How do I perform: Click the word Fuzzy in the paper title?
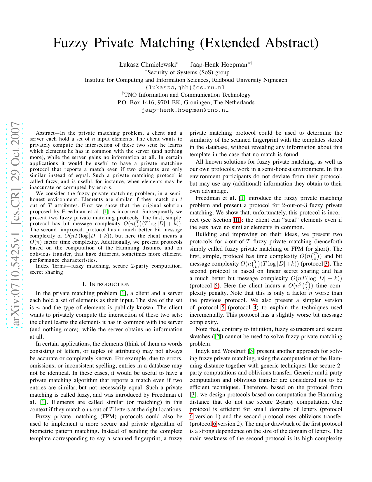click(70, 43)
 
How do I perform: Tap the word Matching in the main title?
click(167, 43)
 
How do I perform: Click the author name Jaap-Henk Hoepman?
click(219, 65)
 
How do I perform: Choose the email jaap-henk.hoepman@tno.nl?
click(185, 110)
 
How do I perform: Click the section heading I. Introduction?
click(106, 284)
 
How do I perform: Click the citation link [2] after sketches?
click(217, 337)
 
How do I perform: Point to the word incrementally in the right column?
click(205, 315)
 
